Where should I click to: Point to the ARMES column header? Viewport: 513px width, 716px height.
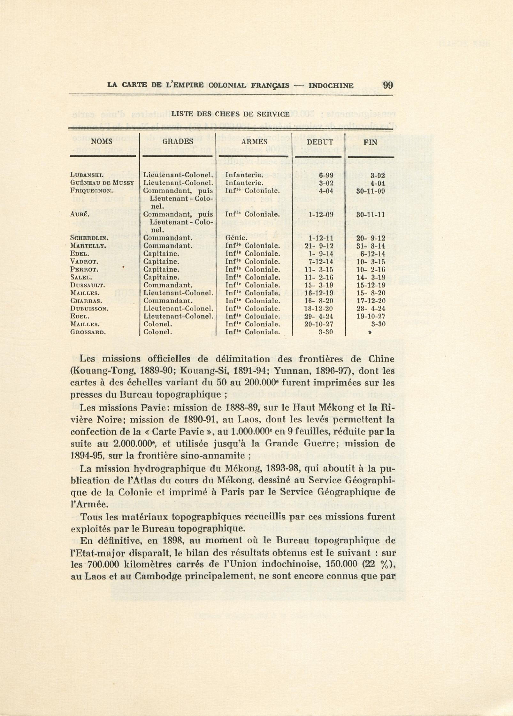coord(254,142)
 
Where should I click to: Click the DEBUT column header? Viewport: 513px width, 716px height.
coord(320,142)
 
